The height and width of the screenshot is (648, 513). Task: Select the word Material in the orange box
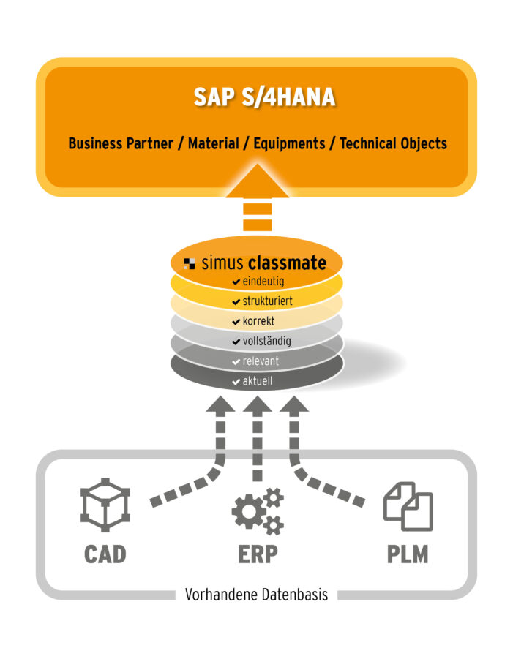(x=213, y=143)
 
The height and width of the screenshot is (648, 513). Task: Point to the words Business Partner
(x=120, y=143)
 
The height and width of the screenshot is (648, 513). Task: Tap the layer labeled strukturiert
(x=256, y=301)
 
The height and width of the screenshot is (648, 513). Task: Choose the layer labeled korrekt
(x=256, y=321)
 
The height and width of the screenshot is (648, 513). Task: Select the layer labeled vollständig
(x=256, y=341)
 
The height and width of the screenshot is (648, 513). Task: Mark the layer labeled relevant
(x=256, y=361)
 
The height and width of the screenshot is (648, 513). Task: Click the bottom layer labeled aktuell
(x=256, y=381)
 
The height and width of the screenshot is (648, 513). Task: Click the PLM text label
(x=408, y=554)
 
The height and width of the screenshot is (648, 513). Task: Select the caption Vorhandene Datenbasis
(x=256, y=595)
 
